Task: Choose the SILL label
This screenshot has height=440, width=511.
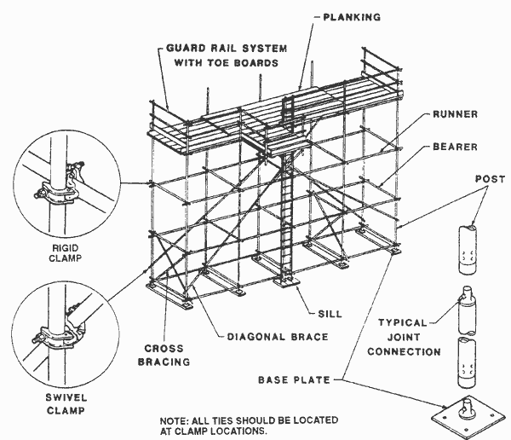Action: point(330,313)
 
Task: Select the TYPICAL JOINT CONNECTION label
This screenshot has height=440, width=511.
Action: point(409,337)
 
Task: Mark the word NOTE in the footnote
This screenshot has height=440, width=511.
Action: point(174,420)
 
